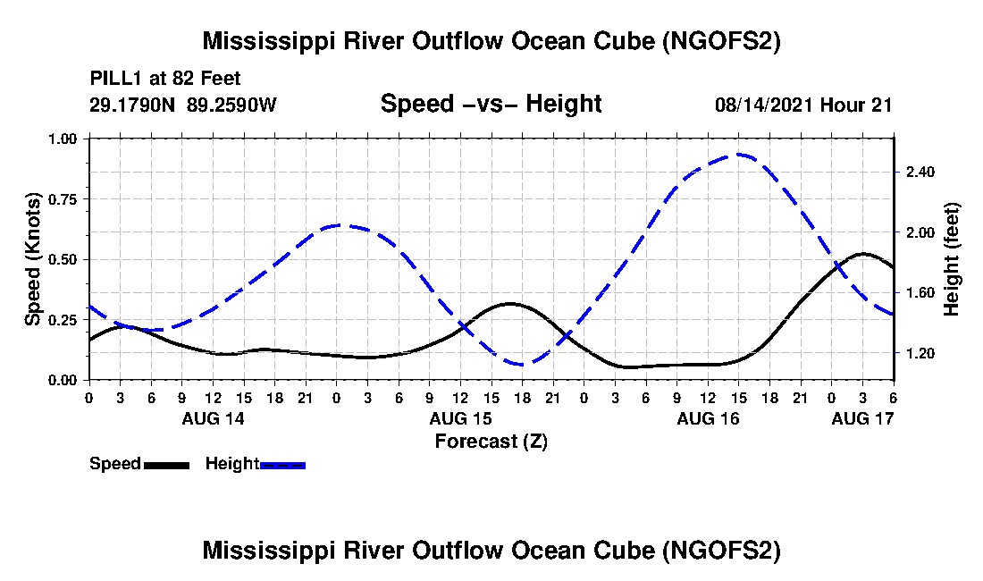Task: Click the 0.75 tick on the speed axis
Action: [x=63, y=199]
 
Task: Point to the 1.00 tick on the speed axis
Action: [x=63, y=139]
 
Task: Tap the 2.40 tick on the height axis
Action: [x=920, y=172]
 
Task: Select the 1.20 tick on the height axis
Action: [x=920, y=353]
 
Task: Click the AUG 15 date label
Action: [x=461, y=418]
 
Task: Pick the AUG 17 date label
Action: [x=862, y=418]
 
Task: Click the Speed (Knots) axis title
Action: [x=32, y=259]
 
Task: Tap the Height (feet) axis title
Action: [x=951, y=259]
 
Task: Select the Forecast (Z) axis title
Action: [x=491, y=442]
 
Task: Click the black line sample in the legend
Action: [x=166, y=465]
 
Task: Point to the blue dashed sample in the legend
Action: [x=282, y=465]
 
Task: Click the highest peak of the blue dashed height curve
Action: [x=739, y=154]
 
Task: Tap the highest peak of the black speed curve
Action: [x=863, y=254]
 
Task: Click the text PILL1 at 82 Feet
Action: [x=165, y=79]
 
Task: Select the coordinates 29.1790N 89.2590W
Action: [x=183, y=105]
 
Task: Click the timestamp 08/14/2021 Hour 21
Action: [x=803, y=105]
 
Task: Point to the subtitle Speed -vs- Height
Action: [x=491, y=104]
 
